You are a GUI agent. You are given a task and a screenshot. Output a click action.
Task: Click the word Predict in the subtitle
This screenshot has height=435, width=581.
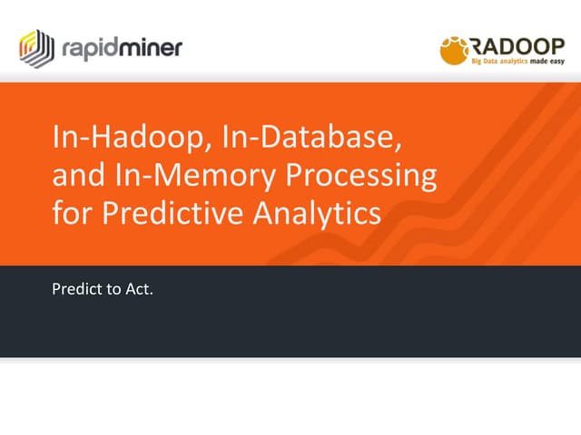tap(74, 292)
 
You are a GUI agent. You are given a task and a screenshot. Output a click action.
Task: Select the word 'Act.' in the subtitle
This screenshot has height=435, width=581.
tap(138, 292)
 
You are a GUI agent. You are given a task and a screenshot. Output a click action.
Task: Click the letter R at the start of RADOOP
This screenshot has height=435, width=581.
tap(478, 45)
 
